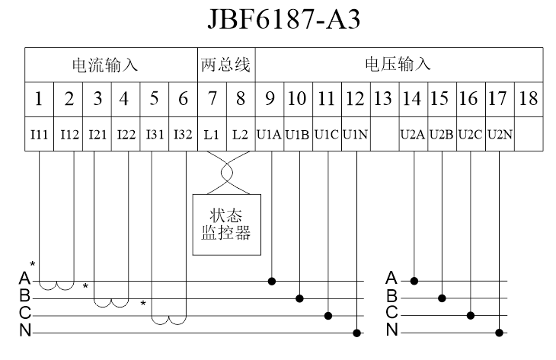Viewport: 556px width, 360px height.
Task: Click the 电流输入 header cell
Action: click(111, 65)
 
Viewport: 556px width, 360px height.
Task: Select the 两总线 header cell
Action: click(225, 65)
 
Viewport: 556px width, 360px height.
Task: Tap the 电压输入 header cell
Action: click(398, 65)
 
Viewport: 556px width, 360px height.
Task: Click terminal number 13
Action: click(384, 98)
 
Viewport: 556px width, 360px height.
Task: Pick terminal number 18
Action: click(529, 98)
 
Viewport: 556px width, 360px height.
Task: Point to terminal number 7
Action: click(212, 98)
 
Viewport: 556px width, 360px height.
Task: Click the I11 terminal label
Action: click(40, 135)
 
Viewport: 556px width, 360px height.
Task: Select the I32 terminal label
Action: click(183, 135)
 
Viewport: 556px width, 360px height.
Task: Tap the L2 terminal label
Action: click(240, 135)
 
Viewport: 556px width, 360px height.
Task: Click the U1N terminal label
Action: click(356, 135)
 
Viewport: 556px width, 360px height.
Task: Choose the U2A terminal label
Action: click(414, 135)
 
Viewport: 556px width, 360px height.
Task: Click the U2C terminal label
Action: click(471, 135)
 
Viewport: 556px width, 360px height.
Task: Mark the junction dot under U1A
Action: click(272, 281)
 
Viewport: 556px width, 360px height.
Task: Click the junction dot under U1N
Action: click(357, 332)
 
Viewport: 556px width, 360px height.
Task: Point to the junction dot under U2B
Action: click(443, 298)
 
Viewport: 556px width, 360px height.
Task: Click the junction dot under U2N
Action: click(500, 332)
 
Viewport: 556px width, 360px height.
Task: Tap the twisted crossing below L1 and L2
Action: click(225, 172)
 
